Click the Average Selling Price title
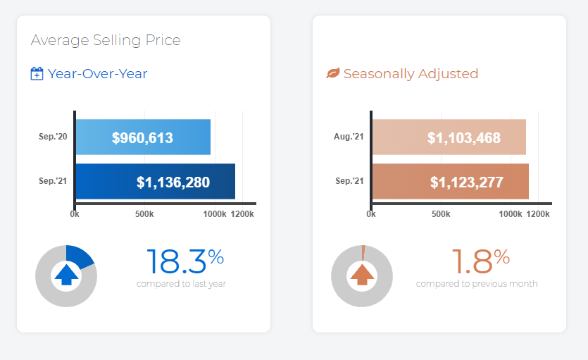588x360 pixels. [106, 40]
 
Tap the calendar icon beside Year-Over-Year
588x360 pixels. [37, 74]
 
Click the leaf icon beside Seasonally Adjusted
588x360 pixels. [333, 74]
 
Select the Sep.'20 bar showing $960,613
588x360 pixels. [143, 137]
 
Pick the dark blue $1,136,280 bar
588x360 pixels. [155, 182]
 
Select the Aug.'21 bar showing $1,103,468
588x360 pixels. [449, 137]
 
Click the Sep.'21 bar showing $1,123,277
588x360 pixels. [450, 182]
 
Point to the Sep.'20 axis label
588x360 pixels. [54, 137]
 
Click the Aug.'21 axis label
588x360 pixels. [349, 137]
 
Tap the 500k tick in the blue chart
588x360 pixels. [144, 214]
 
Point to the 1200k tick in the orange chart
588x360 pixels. [538, 214]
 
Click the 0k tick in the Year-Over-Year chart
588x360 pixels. [75, 214]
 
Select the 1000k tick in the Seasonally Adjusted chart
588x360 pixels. [511, 214]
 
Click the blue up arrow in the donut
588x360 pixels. [66, 275]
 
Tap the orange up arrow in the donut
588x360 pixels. [362, 275]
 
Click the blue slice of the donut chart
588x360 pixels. [80, 257]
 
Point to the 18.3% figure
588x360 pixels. [184, 261]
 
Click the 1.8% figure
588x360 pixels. [480, 261]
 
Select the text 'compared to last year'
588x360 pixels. [181, 284]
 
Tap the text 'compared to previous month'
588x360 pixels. [477, 284]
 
